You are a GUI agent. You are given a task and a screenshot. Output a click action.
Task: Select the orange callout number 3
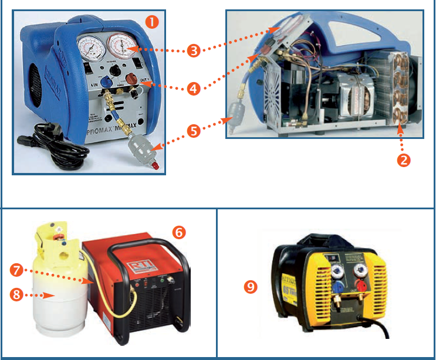coord(194,50)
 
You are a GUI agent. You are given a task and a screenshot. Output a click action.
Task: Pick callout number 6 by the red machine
coord(179,232)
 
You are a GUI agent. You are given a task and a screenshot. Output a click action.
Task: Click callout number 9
coord(251,287)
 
